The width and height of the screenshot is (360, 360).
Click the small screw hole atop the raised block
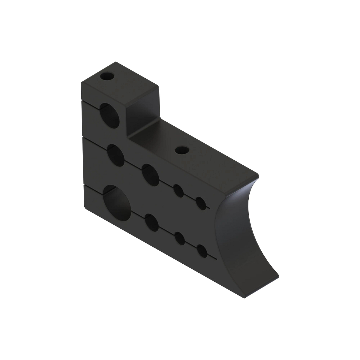coord(107,76)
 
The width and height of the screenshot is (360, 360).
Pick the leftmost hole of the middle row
coord(116,155)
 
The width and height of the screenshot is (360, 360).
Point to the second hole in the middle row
coord(151,174)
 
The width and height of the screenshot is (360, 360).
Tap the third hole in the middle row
coord(179,191)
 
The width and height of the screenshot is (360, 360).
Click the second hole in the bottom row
coord(152,223)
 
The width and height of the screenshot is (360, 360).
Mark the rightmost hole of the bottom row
coord(202,250)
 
